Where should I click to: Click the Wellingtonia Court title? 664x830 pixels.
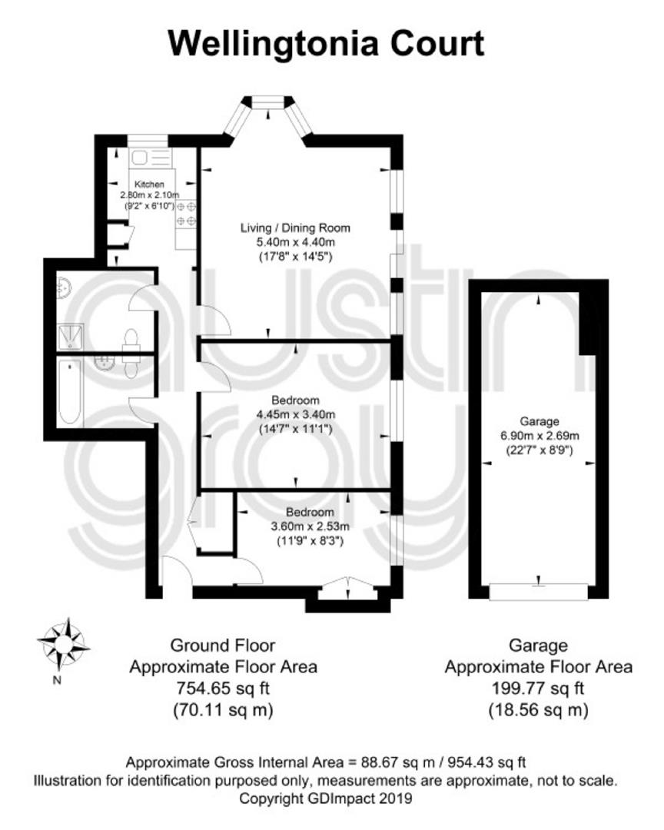coord(326,43)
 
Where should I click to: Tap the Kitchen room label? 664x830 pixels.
coord(149,184)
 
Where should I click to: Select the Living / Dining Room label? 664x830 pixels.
coord(295,228)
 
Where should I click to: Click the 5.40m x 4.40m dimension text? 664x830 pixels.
coord(295,242)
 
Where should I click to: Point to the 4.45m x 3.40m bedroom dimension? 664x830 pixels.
coord(295,414)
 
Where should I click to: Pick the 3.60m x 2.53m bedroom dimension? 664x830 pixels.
coord(310,526)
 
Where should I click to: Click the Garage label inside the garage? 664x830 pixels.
coord(539,422)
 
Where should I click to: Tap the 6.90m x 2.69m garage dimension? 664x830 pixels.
coord(539,437)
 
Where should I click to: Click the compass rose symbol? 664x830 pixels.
coord(63,644)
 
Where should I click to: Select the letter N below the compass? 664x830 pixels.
coord(57,681)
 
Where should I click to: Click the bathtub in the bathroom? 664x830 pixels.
coord(69,392)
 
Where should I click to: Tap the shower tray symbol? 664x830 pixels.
coord(70,337)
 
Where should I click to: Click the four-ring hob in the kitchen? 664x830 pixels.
coord(186,214)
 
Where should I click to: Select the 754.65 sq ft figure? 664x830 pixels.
coord(223,689)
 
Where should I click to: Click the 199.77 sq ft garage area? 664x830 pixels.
coord(538,689)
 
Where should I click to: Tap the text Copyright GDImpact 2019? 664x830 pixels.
coord(326,798)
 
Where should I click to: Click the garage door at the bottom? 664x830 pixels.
coord(539,591)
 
